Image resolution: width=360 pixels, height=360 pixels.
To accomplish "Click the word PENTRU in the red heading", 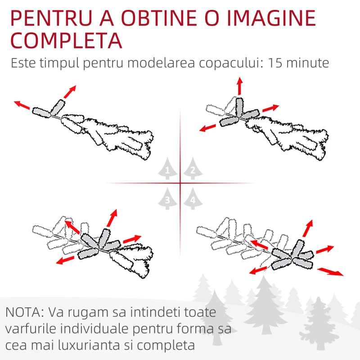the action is point(51,18).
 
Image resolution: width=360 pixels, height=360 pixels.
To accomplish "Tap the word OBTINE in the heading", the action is point(159,18).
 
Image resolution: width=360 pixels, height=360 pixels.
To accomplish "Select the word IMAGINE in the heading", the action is point(271,18).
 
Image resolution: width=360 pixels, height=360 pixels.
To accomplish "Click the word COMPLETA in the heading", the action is point(66,40).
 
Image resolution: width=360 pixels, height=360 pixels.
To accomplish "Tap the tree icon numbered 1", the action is point(167,168).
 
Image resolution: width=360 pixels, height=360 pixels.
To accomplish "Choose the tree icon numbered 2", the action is point(193,168).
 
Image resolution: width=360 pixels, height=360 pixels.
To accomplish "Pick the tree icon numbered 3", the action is point(167,198).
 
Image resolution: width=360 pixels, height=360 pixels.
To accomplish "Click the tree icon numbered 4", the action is point(193,198).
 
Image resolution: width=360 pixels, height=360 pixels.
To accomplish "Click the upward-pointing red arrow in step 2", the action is point(240,86).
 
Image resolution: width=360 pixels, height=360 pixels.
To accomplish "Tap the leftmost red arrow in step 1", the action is point(22,105).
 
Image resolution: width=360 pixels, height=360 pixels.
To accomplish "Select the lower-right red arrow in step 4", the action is point(330,271).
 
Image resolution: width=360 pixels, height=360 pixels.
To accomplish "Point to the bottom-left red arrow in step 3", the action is point(65,261).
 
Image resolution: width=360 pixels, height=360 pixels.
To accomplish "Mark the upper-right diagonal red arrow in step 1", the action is point(70,92).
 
